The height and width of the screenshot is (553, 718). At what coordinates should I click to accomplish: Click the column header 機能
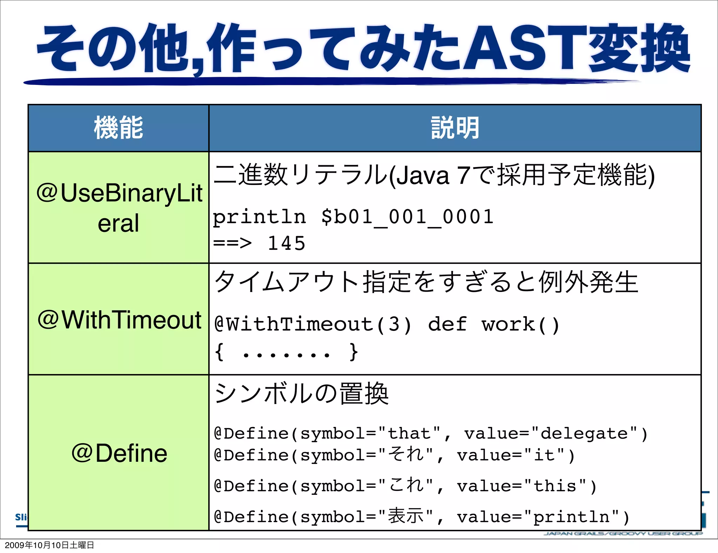(x=118, y=128)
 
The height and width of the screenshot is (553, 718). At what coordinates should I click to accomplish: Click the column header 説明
(x=455, y=128)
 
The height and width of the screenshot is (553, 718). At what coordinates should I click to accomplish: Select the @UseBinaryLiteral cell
(x=118, y=208)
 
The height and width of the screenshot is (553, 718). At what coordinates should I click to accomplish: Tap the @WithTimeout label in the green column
(x=119, y=320)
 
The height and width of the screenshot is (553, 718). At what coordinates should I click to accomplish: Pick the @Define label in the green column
(x=119, y=453)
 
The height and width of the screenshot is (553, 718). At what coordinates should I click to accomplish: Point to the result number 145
(x=286, y=243)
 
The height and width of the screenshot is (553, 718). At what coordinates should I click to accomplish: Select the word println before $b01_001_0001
(x=259, y=217)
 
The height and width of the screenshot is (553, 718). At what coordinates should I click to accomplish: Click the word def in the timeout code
(x=447, y=324)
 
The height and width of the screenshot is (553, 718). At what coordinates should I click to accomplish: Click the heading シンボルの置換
(x=302, y=394)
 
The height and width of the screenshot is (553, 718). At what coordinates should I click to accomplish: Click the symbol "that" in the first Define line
(x=409, y=434)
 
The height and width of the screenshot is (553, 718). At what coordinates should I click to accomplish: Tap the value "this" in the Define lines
(x=555, y=486)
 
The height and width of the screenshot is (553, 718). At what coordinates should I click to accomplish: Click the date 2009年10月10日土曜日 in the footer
(x=49, y=545)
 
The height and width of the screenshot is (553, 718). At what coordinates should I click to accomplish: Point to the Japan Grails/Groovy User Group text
(x=623, y=534)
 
